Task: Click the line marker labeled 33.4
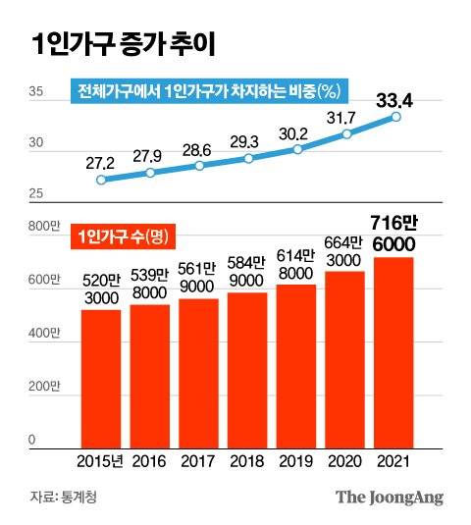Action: coord(397,117)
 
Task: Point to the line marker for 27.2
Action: coord(101,180)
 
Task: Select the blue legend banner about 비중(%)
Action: coord(208,93)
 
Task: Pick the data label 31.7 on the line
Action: coord(347,118)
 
